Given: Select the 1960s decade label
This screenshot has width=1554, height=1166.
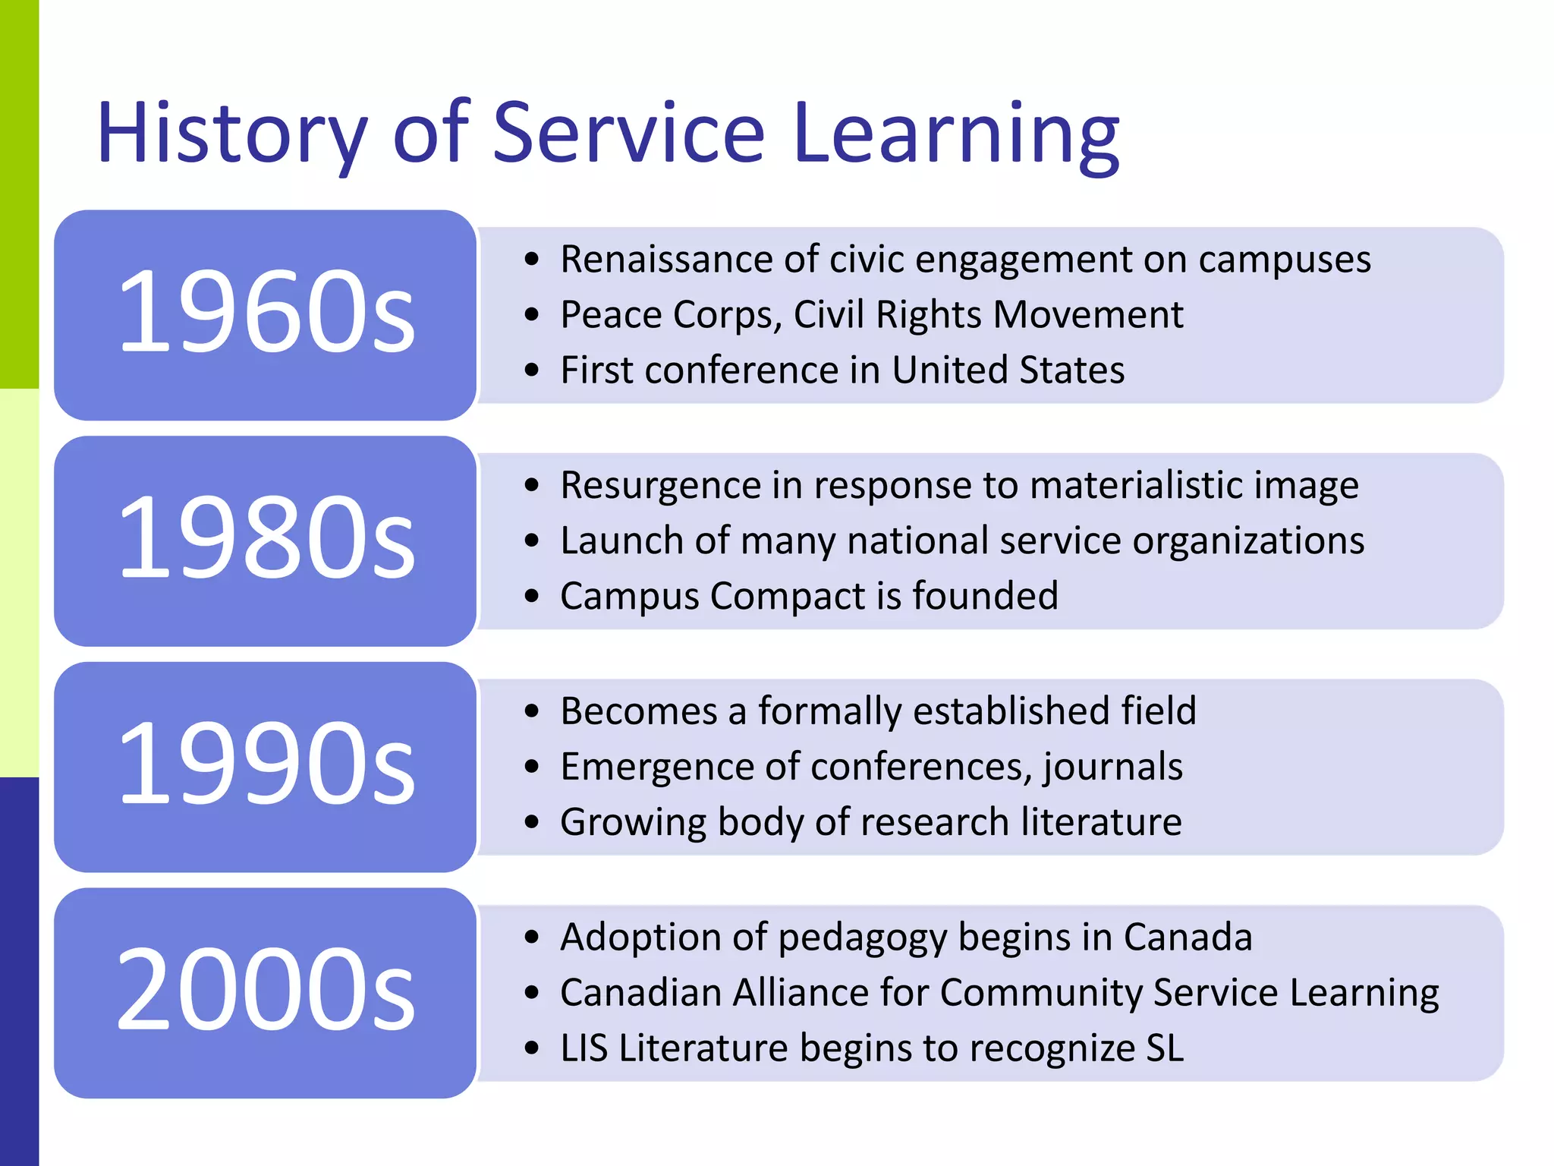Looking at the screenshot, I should click(266, 313).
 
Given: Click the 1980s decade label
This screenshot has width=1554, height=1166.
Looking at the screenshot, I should click(266, 538).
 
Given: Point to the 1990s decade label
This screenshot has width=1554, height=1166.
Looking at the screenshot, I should click(266, 764).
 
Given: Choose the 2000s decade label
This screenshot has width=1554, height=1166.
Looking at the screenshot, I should click(266, 991).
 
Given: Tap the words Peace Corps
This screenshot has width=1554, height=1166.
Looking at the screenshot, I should click(670, 315).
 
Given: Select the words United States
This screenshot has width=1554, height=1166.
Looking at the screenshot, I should click(1008, 370).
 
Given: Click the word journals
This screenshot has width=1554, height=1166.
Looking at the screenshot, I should click(1113, 767).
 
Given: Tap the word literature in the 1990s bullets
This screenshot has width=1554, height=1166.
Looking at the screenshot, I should click(1101, 822).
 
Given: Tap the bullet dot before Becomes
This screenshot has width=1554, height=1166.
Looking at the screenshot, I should click(532, 712).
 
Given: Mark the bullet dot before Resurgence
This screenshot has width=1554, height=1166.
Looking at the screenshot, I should click(532, 486).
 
